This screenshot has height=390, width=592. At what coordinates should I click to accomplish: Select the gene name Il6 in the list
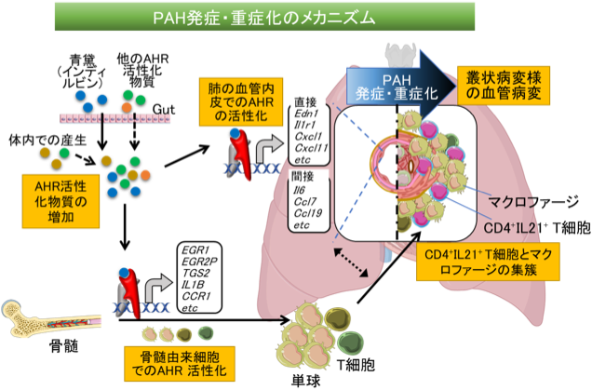pos(301,190)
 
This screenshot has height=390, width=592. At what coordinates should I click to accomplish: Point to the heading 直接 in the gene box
pos(304,101)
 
